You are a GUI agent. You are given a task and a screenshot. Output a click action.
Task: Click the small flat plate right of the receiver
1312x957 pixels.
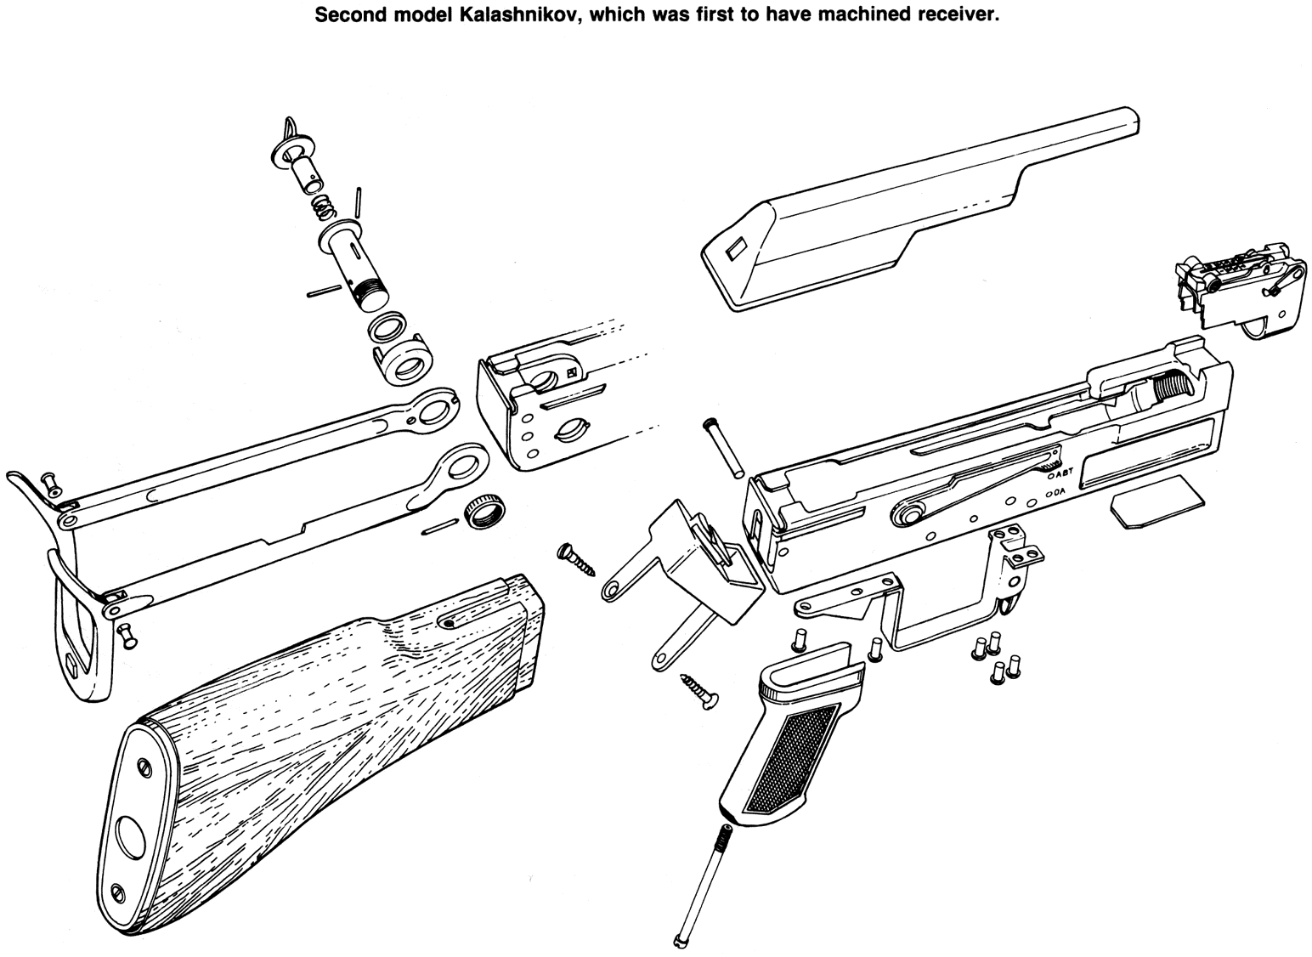(1156, 502)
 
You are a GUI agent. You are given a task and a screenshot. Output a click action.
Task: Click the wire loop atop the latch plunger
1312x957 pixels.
(291, 129)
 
